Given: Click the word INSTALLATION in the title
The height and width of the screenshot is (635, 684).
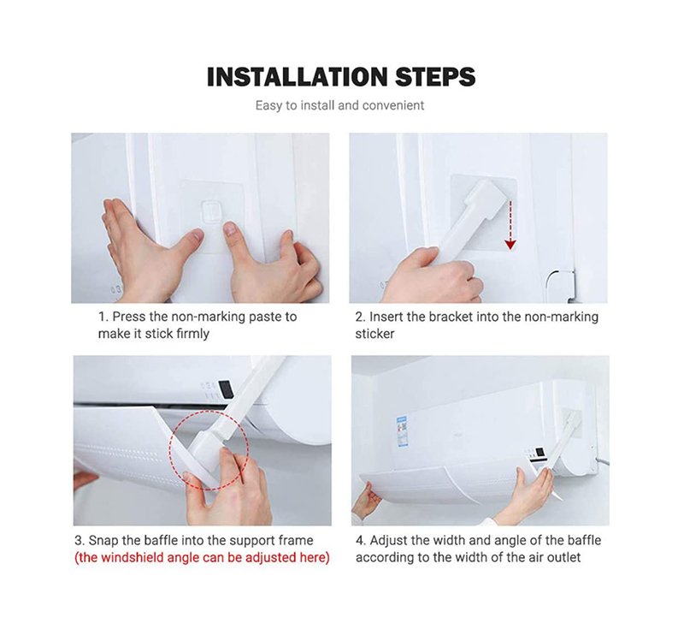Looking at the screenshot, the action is pyautogui.click(x=297, y=77).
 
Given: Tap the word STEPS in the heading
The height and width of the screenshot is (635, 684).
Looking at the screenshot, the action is pyautogui.click(x=435, y=77).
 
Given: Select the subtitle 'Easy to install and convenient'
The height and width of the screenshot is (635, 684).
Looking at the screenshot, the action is pyautogui.click(x=339, y=105).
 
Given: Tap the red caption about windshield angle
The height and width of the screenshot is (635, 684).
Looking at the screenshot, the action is pyautogui.click(x=202, y=558).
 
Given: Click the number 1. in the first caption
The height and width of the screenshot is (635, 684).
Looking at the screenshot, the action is pyautogui.click(x=103, y=317).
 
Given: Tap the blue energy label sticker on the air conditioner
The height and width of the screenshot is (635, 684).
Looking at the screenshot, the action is pyautogui.click(x=401, y=431).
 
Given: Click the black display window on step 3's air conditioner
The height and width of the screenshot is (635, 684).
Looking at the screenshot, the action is pyautogui.click(x=225, y=389).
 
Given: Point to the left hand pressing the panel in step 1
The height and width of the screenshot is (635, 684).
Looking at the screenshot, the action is pyautogui.click(x=135, y=249).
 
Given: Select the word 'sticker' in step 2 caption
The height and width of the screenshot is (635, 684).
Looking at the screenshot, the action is pyautogui.click(x=374, y=334).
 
